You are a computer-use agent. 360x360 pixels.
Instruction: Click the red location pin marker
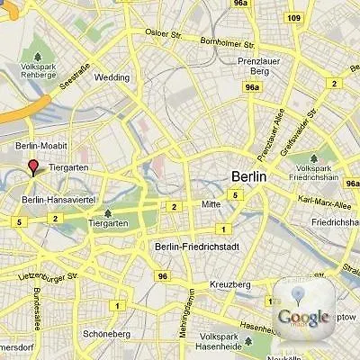click(x=33, y=167)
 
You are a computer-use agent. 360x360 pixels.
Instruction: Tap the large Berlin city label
click(x=248, y=177)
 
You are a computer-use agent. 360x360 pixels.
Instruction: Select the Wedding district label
click(x=112, y=77)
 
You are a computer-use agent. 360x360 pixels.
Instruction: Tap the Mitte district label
click(x=211, y=204)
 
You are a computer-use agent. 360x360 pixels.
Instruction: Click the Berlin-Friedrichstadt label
click(x=195, y=247)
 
